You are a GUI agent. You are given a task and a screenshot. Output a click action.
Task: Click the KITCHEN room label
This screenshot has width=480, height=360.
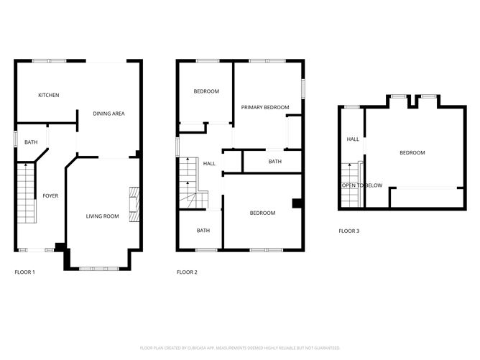[49, 95]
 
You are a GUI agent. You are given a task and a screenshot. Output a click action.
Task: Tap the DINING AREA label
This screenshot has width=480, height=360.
[109, 113]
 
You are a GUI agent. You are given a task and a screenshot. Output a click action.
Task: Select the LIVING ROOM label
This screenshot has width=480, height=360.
[103, 216]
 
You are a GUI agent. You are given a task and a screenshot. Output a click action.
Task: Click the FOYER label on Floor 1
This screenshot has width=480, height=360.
[50, 195]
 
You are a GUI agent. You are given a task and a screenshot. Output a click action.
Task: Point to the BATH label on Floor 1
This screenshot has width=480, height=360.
[31, 142]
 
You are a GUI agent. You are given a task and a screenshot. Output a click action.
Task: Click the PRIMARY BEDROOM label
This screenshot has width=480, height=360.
[265, 108]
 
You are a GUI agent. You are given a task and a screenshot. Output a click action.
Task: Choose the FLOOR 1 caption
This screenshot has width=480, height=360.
[24, 272]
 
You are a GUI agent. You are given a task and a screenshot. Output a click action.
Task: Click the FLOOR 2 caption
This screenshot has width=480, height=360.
[187, 272]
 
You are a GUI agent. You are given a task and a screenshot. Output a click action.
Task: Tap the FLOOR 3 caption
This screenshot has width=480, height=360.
[349, 231]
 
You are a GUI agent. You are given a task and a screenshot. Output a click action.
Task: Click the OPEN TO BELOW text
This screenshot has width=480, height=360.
[361, 185]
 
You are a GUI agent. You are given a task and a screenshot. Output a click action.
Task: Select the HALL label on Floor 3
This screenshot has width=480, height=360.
[353, 139]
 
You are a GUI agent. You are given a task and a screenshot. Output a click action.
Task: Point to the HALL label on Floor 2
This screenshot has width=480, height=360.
[209, 164]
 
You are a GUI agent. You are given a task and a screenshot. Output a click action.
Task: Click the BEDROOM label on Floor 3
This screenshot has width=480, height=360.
[412, 152]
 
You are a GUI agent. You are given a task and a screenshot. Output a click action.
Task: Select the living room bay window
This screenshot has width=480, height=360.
[99, 268]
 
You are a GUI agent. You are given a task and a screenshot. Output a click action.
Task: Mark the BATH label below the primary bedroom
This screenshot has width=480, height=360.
[275, 162]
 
